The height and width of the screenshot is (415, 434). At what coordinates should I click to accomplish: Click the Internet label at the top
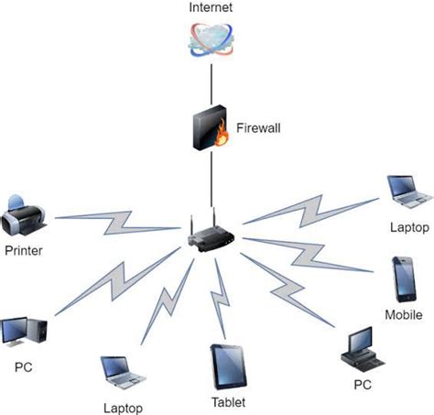pyautogui.click(x=212, y=8)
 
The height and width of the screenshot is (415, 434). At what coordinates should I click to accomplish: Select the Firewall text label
pyautogui.click(x=258, y=129)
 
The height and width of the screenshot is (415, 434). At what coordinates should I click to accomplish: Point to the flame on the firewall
pyautogui.click(x=221, y=137)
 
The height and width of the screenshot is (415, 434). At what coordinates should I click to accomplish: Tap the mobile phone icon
pyautogui.click(x=403, y=279)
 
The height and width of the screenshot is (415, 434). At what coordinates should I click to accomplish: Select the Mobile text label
pyautogui.click(x=404, y=315)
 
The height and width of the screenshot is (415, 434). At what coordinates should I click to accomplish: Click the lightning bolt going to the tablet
pyautogui.click(x=220, y=298)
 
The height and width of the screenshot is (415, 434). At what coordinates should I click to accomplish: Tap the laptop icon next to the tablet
pyautogui.click(x=122, y=372)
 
